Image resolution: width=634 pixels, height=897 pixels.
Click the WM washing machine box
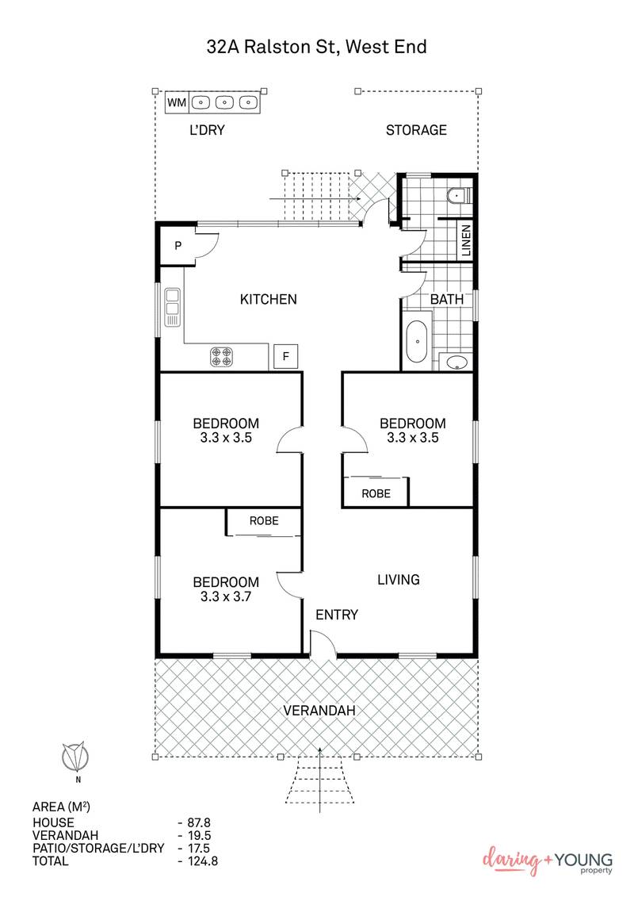[x=177, y=102]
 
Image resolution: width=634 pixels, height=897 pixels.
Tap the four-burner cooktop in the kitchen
[x=222, y=357]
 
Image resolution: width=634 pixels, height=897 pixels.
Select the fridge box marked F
[x=285, y=358]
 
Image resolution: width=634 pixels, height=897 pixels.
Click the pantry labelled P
[x=178, y=246]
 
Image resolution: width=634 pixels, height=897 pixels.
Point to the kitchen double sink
[x=172, y=307]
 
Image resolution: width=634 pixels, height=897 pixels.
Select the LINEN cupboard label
[x=466, y=241]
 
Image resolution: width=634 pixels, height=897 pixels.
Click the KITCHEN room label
[x=268, y=299]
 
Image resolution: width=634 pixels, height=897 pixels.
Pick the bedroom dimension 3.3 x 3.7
[x=226, y=596]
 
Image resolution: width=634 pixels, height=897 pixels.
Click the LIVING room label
[x=398, y=580]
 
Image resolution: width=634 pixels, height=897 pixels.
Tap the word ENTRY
[x=337, y=615]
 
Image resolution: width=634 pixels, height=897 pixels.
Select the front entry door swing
[x=322, y=644]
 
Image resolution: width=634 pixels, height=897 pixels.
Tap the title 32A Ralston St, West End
[x=317, y=47]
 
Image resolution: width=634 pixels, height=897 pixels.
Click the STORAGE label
[x=416, y=130]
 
